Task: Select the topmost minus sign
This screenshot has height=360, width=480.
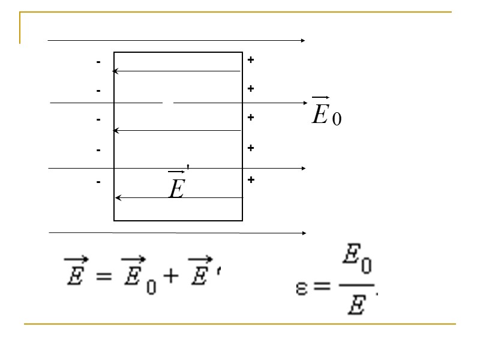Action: [x=98, y=62]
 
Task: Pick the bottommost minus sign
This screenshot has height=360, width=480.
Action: [x=98, y=181]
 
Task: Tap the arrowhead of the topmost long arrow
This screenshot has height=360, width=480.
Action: [x=304, y=41]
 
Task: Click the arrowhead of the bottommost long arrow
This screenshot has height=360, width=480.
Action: [x=304, y=232]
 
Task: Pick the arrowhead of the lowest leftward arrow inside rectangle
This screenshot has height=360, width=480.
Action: [x=118, y=197]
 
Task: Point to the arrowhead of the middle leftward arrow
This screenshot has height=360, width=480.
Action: [x=116, y=130]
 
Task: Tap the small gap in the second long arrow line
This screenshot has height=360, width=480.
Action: [x=168, y=103]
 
